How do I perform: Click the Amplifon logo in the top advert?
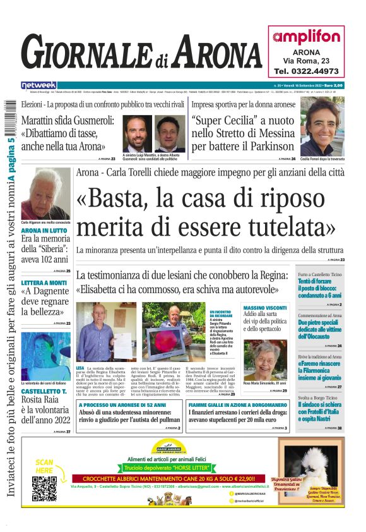coord(306,36)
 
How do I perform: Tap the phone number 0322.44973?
coord(306,71)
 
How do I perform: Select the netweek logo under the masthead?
coord(38,85)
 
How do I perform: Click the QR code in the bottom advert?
coord(44,487)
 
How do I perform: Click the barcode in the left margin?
coord(10,119)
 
